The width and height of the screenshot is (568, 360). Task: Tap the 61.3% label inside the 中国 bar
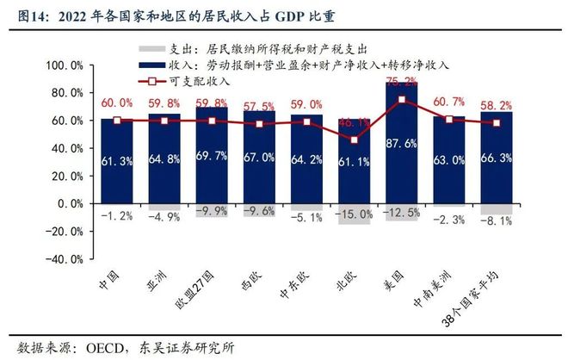(x=117, y=160)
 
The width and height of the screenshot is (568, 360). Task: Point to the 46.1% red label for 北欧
(x=354, y=123)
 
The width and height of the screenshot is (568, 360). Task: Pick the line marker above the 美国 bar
(x=401, y=100)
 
